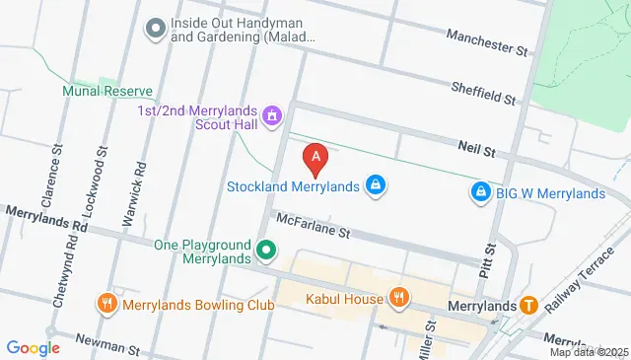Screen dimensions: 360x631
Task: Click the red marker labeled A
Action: click(315, 157)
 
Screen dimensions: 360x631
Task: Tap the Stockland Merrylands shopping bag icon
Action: click(376, 184)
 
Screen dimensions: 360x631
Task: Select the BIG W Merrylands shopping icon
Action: click(480, 192)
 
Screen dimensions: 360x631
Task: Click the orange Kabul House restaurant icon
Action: click(398, 296)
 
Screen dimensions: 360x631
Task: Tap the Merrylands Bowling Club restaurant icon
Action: click(106, 304)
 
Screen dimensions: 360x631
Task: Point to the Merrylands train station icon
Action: click(528, 305)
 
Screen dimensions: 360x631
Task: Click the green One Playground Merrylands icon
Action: click(265, 252)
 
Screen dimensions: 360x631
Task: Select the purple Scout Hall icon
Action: click(273, 117)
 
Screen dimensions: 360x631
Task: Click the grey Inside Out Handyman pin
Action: click(154, 29)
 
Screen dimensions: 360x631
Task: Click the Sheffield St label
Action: click(483, 94)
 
